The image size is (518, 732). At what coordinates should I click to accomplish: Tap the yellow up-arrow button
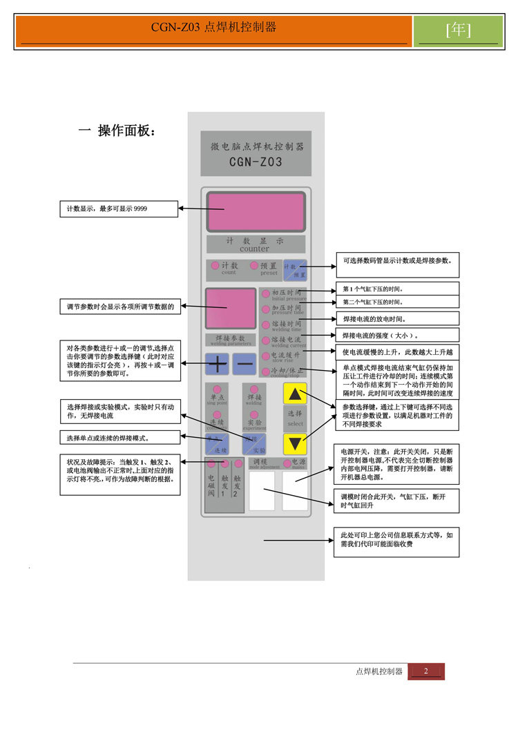click(295, 394)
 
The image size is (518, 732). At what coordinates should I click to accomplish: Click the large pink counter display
click(256, 211)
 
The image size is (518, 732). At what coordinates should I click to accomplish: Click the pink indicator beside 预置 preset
click(254, 266)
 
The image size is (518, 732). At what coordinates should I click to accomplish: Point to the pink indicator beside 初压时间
click(265, 293)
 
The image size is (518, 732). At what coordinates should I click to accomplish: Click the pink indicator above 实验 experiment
click(254, 414)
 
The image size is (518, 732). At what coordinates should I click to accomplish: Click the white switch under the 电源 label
click(295, 490)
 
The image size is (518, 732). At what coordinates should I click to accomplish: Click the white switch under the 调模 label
click(261, 490)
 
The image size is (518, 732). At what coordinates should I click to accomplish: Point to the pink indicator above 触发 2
click(238, 463)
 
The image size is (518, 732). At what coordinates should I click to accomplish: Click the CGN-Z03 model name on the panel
click(255, 163)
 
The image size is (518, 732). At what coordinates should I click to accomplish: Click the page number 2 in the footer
click(426, 671)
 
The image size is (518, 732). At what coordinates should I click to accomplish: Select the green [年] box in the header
click(459, 30)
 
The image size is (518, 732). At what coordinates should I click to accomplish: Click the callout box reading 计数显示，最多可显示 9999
click(119, 208)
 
